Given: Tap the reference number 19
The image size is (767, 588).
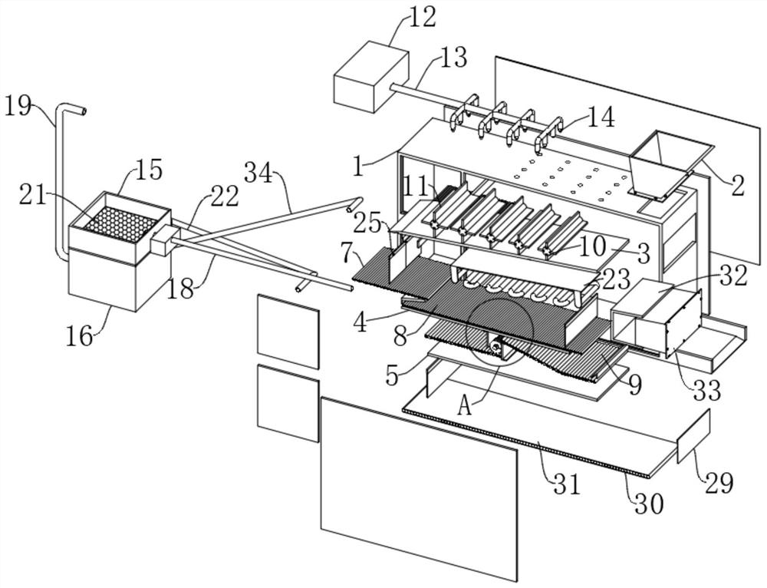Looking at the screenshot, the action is (x=18, y=105).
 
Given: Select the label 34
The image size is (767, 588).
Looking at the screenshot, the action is (x=258, y=172).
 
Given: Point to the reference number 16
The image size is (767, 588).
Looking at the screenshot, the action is (x=80, y=336).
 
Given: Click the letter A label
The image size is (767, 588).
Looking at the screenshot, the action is (x=466, y=406).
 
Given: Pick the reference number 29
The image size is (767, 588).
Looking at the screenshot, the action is (x=719, y=483).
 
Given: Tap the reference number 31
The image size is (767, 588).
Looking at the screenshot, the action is (x=567, y=484).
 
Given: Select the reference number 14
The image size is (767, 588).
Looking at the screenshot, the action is (x=601, y=118).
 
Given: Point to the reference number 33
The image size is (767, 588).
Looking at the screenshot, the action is (x=708, y=390).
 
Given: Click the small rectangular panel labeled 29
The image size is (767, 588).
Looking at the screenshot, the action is (x=693, y=436).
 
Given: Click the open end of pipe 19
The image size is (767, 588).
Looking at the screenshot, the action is (x=84, y=111).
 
